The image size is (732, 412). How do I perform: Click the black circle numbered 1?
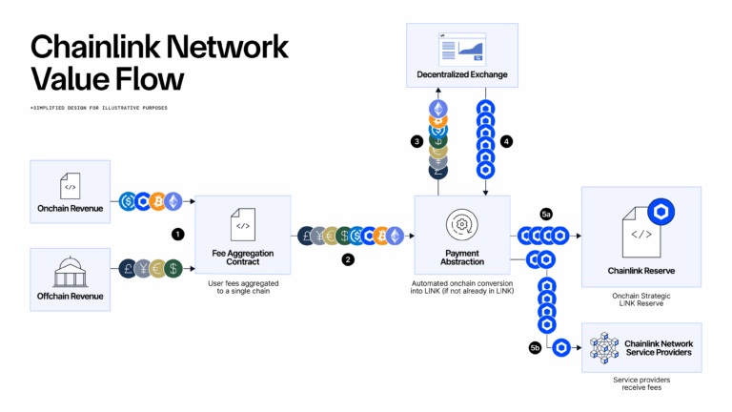click(x=177, y=233)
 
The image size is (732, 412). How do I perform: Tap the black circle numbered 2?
click(x=348, y=258)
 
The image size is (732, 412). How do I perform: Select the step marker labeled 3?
click(x=417, y=141)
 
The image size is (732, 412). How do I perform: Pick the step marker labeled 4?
click(x=507, y=141)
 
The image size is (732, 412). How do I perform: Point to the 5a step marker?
click(x=546, y=216)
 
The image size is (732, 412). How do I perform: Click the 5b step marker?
click(x=535, y=350)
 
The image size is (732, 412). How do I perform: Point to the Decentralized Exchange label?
click(x=462, y=73)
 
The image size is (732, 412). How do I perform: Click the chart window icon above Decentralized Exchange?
click(x=462, y=47)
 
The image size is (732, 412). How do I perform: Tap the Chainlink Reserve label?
click(x=641, y=271)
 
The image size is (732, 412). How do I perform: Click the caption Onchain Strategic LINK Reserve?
click(x=640, y=300)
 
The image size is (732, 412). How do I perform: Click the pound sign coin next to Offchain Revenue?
click(x=126, y=268)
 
